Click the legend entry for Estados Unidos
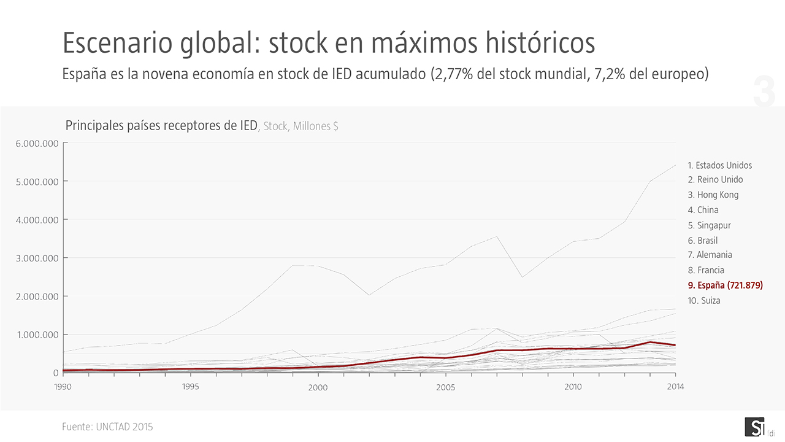[719, 165]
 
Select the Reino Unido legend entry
[715, 180]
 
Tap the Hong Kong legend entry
[713, 195]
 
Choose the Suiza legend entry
[704, 301]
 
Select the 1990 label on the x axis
[63, 387]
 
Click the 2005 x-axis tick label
[446, 388]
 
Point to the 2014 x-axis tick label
[675, 387]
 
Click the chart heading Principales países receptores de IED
[161, 126]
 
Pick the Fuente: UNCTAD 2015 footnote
[107, 427]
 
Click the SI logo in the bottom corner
[754, 427]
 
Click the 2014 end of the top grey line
[675, 165]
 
